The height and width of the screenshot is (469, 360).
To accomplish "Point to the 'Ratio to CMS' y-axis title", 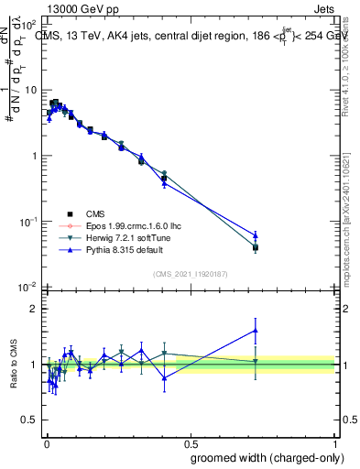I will pos(12,365).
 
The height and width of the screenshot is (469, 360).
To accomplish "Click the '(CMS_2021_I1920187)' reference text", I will pos(190,274).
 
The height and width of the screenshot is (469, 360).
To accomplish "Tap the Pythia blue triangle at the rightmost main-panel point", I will pos(256,235).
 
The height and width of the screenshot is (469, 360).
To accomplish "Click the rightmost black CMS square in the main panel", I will pos(256,247).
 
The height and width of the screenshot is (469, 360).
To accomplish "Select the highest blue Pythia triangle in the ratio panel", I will pos(256,330).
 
